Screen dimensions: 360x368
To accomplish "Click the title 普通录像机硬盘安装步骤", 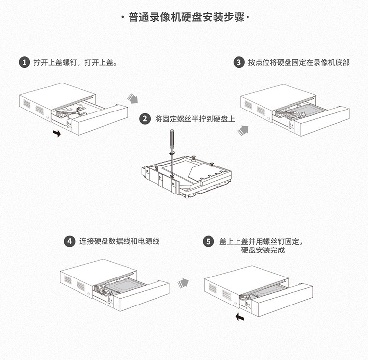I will coord(184,18).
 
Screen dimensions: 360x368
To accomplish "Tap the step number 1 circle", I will coord(23,63).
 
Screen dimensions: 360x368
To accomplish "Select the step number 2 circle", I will coord(144,119).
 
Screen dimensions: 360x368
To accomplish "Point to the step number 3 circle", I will coord(238,63).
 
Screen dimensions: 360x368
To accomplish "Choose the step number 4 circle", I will coord(70,241).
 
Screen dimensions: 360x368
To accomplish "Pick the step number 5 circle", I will coord(209,241).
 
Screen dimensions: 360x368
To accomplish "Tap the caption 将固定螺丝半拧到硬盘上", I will coord(195,119).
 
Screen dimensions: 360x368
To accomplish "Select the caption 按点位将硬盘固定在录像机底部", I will coord(299,63).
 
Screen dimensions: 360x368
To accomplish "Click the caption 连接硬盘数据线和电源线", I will coord(119,241).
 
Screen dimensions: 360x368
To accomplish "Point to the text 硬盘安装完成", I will coord(263,250).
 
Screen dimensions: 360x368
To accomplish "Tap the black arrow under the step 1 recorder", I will coord(57,133).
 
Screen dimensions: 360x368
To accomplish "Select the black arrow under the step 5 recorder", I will coord(240,317).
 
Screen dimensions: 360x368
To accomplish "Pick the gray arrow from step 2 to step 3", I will coord(243,129).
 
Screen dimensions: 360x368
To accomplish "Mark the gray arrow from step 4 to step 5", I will coord(183,282).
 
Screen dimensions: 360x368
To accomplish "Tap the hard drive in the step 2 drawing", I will coord(196,172).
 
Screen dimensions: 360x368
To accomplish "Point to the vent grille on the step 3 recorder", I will coord(248,105).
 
